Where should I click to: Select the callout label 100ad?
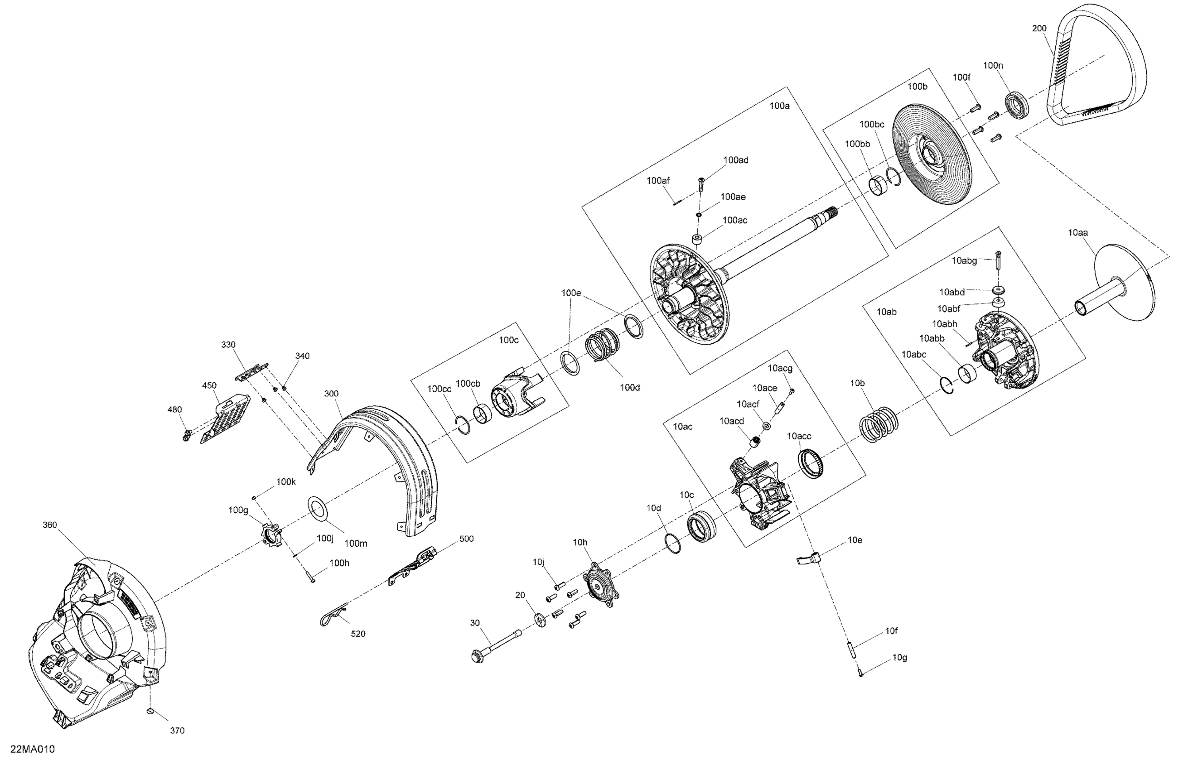pyautogui.click(x=736, y=160)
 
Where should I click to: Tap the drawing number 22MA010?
pyautogui.click(x=33, y=750)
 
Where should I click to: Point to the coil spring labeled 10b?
pyautogui.click(x=879, y=424)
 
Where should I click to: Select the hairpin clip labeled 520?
pyautogui.click(x=333, y=615)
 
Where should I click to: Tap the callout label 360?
pyautogui.click(x=50, y=525)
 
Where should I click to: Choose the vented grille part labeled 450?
pyautogui.click(x=226, y=416)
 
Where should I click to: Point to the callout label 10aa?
pyautogui.click(x=1078, y=232)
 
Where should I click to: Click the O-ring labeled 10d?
pyautogui.click(x=673, y=543)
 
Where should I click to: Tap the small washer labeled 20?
pyautogui.click(x=540, y=620)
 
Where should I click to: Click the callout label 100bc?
pyautogui.click(x=872, y=124)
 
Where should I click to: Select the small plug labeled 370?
pyautogui.click(x=150, y=711)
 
